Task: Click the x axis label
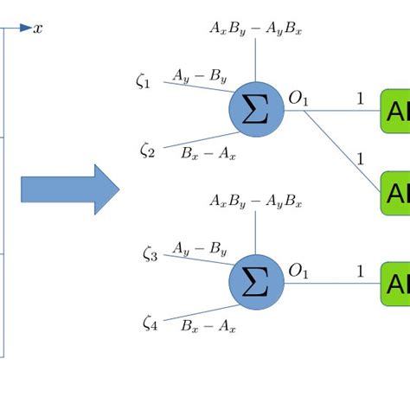pos(38,29)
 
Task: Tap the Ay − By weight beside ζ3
pos(200,250)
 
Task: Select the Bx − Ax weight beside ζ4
pos(208,326)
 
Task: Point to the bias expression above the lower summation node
pos(255,202)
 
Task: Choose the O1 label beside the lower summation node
pos(298,272)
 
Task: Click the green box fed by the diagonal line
pos(394,192)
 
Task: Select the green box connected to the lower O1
pos(394,284)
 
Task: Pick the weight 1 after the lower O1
pos(360,272)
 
